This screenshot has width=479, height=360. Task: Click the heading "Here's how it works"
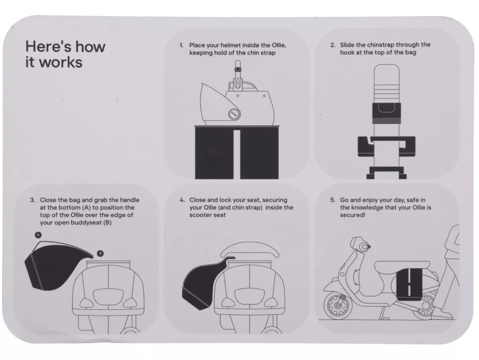coord(65,54)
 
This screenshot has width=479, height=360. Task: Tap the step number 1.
coord(181,45)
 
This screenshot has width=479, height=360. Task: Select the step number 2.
coord(333,45)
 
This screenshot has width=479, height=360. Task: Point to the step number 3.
coord(32,200)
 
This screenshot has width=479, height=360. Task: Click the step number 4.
coord(182,200)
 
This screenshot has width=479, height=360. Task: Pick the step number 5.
coord(333,200)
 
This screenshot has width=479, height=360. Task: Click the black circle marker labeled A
coord(38,235)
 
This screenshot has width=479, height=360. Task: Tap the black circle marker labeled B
coord(100,253)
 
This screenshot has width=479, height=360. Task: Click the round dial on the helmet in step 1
coord(234,114)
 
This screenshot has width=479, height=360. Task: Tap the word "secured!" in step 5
coord(352,215)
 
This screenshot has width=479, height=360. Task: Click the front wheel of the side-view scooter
coord(338,305)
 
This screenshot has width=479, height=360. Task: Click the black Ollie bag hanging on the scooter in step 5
coord(409,284)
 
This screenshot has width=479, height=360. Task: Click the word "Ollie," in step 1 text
coord(279,45)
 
